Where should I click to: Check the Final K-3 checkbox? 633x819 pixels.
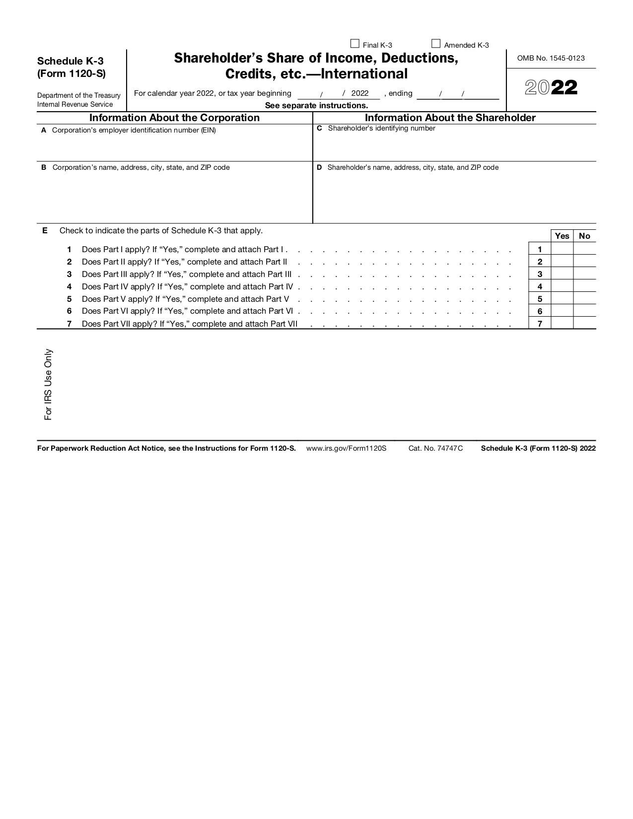[355, 44]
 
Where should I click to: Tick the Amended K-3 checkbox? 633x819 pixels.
[436, 44]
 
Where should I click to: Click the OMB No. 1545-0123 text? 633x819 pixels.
[551, 58]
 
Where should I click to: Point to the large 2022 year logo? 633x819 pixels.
[551, 88]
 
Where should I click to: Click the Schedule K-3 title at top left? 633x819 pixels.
[70, 61]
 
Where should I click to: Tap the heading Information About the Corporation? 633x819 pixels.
[174, 118]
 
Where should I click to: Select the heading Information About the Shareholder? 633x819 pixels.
[450, 118]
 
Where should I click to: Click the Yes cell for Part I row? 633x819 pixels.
[562, 249]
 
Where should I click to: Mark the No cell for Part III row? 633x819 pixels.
[584, 273]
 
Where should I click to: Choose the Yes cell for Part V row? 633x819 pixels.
[562, 298]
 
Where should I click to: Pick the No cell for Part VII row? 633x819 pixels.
[584, 323]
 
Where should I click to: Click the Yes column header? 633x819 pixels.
[562, 236]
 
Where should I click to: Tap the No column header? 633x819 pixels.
[584, 236]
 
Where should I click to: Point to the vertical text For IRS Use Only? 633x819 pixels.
[48, 384]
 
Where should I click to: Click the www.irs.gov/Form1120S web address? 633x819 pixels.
[346, 448]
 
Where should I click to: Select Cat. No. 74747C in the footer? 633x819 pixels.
[435, 448]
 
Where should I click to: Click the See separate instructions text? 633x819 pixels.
[316, 105]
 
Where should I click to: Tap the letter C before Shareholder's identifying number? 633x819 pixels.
[319, 128]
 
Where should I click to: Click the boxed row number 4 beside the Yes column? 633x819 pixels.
[540, 286]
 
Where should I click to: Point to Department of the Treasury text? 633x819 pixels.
[78, 95]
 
